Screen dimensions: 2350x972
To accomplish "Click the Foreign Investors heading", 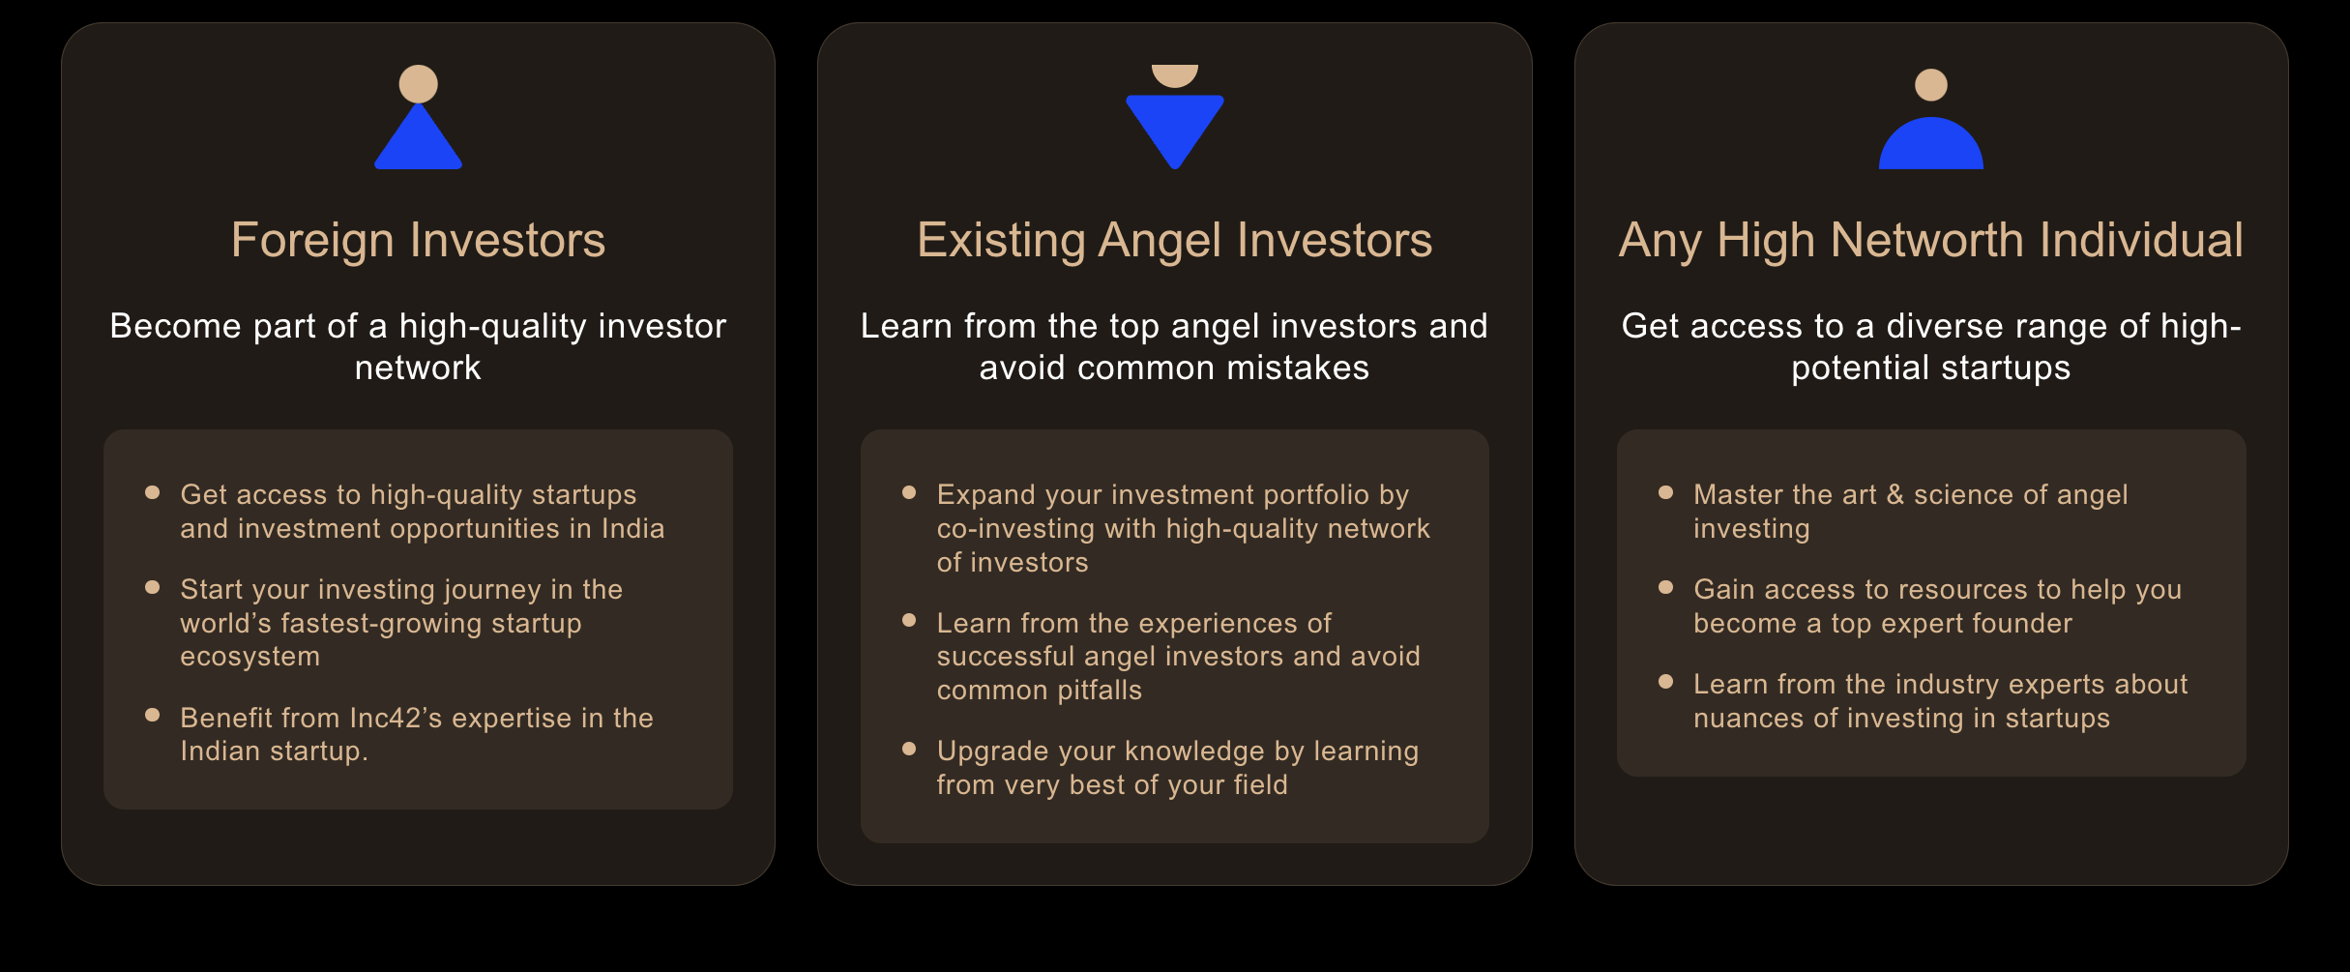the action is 418,241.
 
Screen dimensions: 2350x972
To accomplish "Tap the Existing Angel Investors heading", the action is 1174,241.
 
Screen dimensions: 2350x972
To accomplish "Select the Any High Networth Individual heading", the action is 1931,241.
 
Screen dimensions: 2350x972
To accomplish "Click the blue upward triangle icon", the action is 418,137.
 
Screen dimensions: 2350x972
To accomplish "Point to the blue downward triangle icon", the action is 1175,126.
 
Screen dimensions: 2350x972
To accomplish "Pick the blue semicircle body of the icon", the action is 1931,145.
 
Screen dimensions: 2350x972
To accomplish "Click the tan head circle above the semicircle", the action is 1931,85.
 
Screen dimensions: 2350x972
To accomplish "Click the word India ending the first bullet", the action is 633,528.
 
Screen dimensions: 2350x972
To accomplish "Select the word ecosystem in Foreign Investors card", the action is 250,657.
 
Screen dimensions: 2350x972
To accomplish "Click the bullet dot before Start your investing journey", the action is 152,587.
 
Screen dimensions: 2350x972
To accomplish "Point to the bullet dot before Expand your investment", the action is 909,492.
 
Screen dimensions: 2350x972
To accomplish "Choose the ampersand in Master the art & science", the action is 1895,494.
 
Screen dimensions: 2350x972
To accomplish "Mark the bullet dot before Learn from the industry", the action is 1665,682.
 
